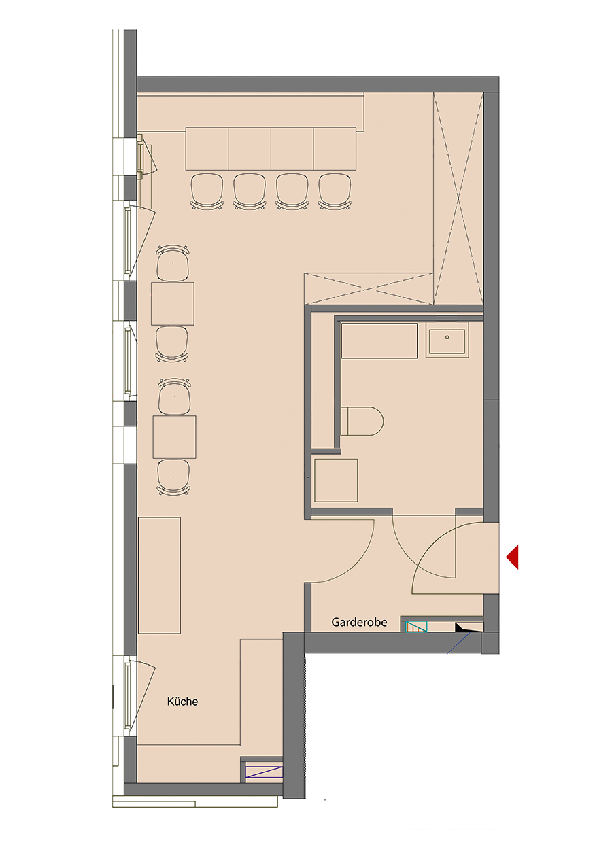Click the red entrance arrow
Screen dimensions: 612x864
pos(513,557)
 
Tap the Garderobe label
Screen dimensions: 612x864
pos(359,622)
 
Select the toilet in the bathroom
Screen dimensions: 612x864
pos(362,421)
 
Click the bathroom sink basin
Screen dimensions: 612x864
pos(447,340)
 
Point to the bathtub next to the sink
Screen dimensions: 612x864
pos(379,341)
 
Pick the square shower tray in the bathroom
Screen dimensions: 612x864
pos(336,480)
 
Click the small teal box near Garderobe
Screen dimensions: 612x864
pos(416,626)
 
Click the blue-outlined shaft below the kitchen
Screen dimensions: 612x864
pos(264,772)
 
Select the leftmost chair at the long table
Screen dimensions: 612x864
pos(207,191)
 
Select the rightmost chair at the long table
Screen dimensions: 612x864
pos(335,191)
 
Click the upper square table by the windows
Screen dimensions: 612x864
pos(173,304)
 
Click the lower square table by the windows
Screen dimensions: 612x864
pos(174,436)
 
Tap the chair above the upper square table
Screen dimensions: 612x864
pos(173,263)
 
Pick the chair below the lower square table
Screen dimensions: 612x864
pos(174,477)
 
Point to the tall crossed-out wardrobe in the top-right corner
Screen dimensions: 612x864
pos(458,198)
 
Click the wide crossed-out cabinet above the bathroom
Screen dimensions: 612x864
pos(369,288)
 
